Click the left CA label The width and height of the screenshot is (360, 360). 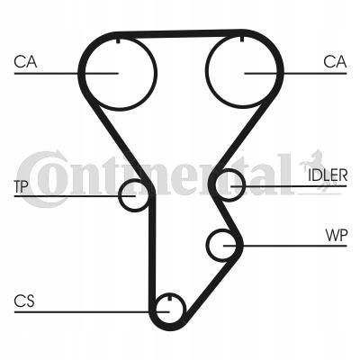25,62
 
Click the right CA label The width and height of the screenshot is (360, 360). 335,62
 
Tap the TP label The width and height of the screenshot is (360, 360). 21,186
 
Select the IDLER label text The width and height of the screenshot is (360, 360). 328,175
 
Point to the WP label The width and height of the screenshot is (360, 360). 337,236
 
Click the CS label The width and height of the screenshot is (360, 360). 24,301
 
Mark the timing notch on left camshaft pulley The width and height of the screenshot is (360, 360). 118,40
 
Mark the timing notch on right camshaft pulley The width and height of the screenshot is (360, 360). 242,39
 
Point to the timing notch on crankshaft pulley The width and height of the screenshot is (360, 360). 169,298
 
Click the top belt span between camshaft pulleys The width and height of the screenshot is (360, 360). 180,33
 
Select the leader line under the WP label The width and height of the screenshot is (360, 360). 285,246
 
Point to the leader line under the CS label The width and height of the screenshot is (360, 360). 92,312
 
